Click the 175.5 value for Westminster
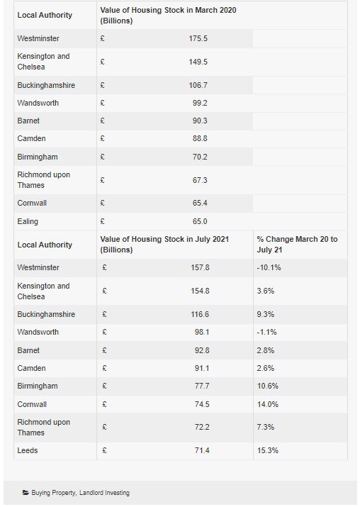click(x=198, y=38)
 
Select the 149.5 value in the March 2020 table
click(x=198, y=62)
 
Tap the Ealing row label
click(x=28, y=221)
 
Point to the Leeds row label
click(x=28, y=450)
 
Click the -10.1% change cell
click(x=269, y=267)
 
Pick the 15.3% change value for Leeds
click(x=268, y=450)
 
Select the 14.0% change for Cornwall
click(x=268, y=404)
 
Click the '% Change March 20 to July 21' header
click(x=298, y=245)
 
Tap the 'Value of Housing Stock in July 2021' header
click(x=164, y=245)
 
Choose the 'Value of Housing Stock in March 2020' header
click(x=168, y=15)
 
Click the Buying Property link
click(x=53, y=493)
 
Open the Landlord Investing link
click(x=104, y=493)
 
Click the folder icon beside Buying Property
click(x=26, y=493)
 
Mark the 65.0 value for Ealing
click(x=200, y=221)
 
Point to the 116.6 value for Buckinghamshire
click(x=200, y=314)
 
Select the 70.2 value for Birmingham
click(x=200, y=157)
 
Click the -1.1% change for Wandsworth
click(x=267, y=332)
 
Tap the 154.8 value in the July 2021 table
click(x=200, y=291)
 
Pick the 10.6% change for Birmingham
click(x=268, y=386)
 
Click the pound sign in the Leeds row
click(x=104, y=450)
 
